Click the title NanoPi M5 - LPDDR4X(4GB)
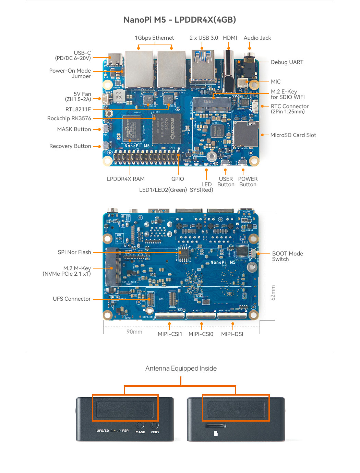click(180, 20)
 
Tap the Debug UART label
click(287, 62)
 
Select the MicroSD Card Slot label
click(293, 135)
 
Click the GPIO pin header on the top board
click(147, 158)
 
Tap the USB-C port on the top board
click(115, 60)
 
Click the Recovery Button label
click(70, 146)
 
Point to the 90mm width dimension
click(134, 332)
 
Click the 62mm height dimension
click(273, 292)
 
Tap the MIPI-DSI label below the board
click(232, 334)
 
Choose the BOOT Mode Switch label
click(287, 256)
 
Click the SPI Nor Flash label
click(74, 252)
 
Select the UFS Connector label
click(72, 299)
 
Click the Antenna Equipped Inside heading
click(181, 369)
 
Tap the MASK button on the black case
click(140, 425)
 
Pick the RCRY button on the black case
click(155, 425)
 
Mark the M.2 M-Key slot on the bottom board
click(113, 267)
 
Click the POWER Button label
click(248, 182)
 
